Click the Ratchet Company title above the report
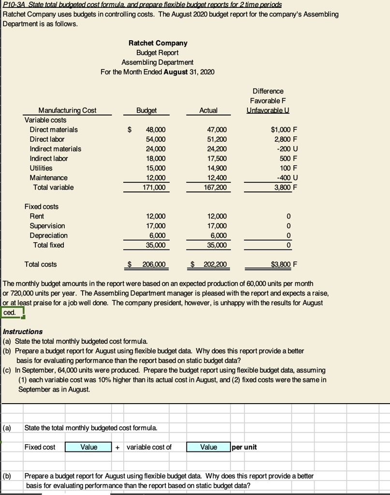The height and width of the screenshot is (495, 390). tap(158, 43)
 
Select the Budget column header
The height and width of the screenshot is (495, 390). tap(146, 110)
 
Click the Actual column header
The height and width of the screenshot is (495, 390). tap(208, 110)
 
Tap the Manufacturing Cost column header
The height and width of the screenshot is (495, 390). tap(67, 110)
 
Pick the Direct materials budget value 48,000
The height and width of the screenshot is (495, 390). tap(156, 130)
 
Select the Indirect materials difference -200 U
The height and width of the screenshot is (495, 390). tap(287, 149)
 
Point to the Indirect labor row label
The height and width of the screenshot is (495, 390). tap(49, 159)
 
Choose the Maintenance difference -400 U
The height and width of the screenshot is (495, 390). tap(287, 178)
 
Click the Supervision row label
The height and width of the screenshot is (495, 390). tap(47, 226)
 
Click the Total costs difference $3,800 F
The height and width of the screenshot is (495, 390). tap(284, 264)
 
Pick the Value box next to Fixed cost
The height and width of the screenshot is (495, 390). tap(88, 447)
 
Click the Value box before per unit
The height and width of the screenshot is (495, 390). tap(208, 447)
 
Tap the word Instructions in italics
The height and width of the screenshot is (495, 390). tap(23, 332)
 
